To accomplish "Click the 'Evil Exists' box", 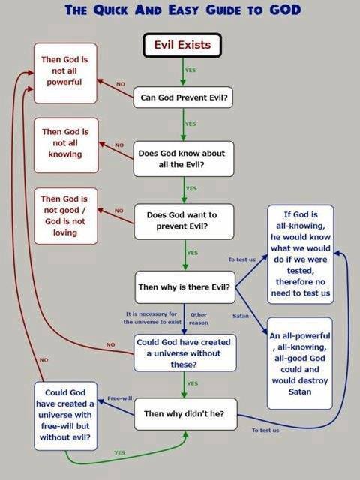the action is (x=182, y=45).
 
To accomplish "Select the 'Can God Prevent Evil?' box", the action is (x=183, y=97).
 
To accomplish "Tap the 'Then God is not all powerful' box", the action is (x=65, y=73).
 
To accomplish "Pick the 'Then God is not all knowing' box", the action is (x=66, y=145).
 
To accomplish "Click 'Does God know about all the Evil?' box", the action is (x=184, y=159).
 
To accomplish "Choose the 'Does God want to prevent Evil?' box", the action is (x=184, y=221).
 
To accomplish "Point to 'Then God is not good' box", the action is (x=66, y=216).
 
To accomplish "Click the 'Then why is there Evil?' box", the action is (x=185, y=287).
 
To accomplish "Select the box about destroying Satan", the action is (x=300, y=363).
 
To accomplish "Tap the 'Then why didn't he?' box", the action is (x=185, y=414).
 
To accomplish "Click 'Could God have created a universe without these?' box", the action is (x=185, y=353).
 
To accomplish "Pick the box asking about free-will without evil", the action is (x=65, y=415).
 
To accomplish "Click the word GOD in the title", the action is (x=285, y=10).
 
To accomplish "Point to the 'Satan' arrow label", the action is (x=241, y=316).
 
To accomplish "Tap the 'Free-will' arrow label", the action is (x=120, y=398).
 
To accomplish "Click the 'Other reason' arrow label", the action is (x=199, y=318).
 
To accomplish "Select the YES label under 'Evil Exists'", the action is (x=190, y=70).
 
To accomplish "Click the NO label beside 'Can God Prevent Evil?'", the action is (x=120, y=83).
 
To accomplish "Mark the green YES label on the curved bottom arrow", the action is (x=119, y=452).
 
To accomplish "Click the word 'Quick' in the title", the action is (x=110, y=10).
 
